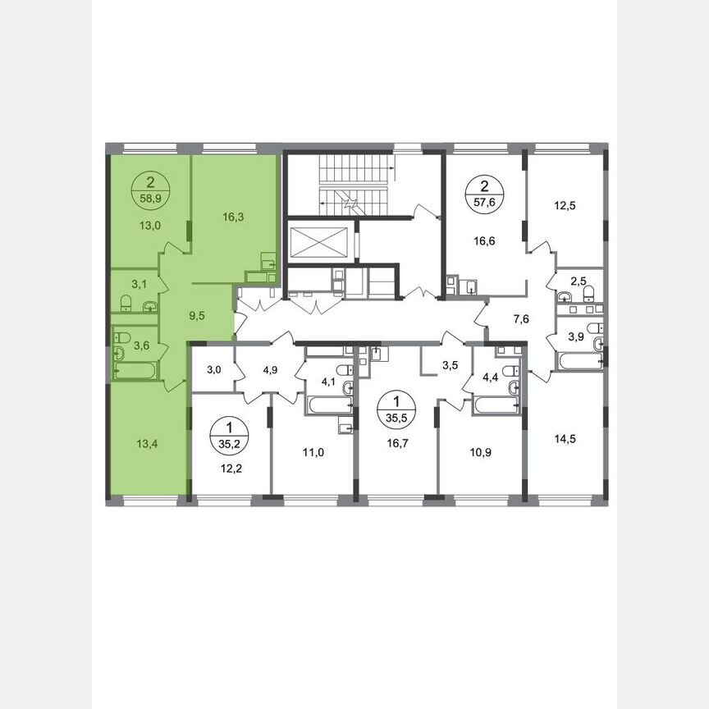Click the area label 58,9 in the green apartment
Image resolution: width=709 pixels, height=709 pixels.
click(x=149, y=199)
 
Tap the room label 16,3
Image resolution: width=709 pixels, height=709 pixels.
click(x=232, y=217)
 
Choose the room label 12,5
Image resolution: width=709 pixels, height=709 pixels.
click(x=563, y=206)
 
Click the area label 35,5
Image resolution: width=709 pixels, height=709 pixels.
click(x=396, y=414)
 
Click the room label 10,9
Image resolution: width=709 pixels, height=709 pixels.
click(x=480, y=451)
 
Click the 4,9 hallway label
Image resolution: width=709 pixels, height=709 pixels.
click(x=270, y=368)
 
